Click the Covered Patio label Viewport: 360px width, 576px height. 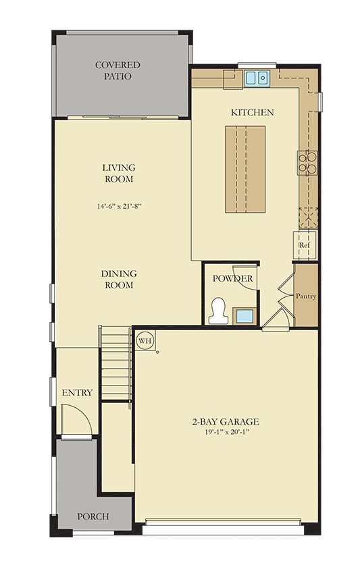click(118, 70)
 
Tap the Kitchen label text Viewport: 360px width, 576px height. click(252, 112)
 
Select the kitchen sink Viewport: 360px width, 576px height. click(257, 78)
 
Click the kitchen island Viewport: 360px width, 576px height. click(245, 169)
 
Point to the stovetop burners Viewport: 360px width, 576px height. click(307, 162)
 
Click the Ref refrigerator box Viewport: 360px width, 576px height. click(305, 245)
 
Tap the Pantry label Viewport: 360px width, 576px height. click(306, 296)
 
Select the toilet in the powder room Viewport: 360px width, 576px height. click(218, 311)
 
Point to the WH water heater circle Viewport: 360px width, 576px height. click(145, 340)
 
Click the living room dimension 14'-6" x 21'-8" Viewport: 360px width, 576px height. click(119, 207)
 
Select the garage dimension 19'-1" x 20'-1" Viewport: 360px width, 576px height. click(227, 432)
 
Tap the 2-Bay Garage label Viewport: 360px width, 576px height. click(226, 422)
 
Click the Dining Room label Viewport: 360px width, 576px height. click(119, 279)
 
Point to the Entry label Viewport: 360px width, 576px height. click(77, 393)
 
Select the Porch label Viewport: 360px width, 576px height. click(93, 517)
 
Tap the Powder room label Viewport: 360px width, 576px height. click(233, 278)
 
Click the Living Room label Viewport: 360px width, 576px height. click(119, 174)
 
